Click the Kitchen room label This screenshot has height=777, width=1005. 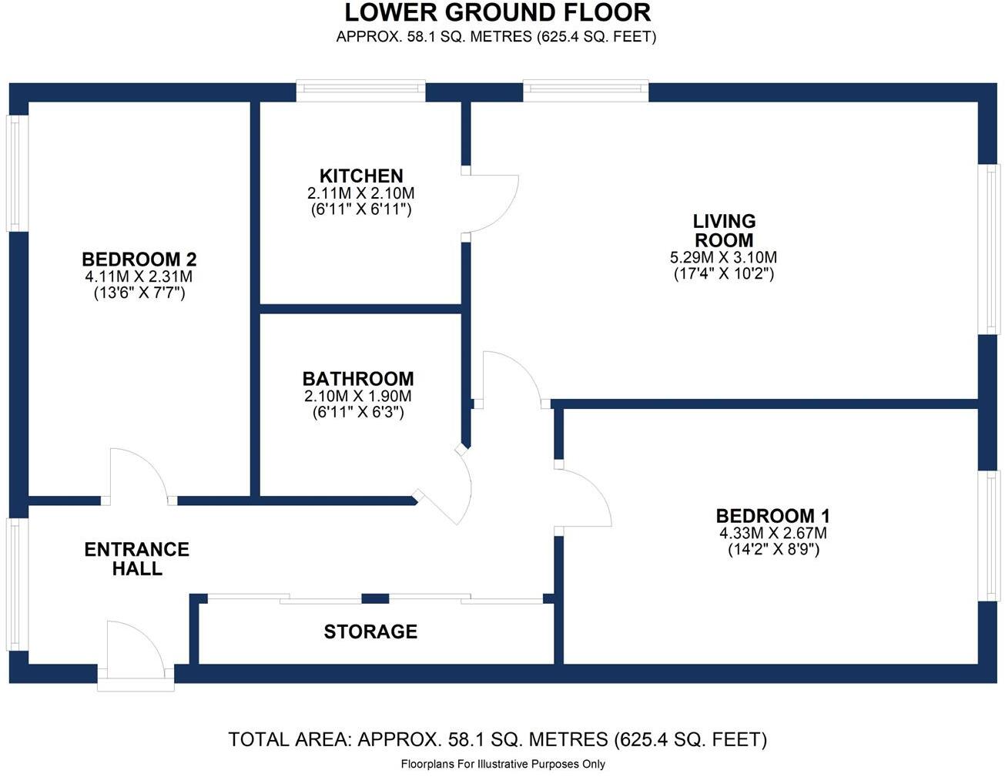pos(361,176)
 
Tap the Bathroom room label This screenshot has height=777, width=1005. pos(358,379)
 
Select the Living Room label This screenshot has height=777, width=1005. pos(724,231)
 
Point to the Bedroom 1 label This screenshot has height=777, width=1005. pos(773,516)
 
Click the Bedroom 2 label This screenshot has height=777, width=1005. pos(139,259)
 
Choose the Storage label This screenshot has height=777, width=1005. pos(370,631)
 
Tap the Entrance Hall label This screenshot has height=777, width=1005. pos(137,559)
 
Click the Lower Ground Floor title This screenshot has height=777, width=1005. pos(497,12)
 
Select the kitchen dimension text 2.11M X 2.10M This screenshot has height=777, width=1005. pos(360,193)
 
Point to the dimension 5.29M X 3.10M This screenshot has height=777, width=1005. pos(724,257)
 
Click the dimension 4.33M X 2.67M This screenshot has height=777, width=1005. pos(773,533)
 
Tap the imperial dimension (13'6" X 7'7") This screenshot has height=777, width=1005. pos(139,293)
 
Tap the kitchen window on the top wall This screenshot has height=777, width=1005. pos(360,91)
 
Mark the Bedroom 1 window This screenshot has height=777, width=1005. pos(988,536)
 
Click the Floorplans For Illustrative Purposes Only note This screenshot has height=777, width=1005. pos(503,765)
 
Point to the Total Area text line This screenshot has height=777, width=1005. pos(497,739)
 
